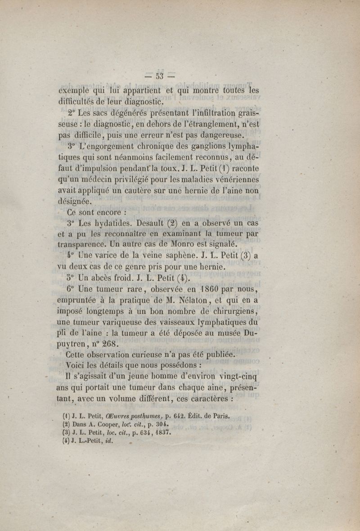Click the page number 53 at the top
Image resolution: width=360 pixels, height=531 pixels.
[x=161, y=75]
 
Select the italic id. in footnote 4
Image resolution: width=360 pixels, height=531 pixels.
[x=108, y=441]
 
